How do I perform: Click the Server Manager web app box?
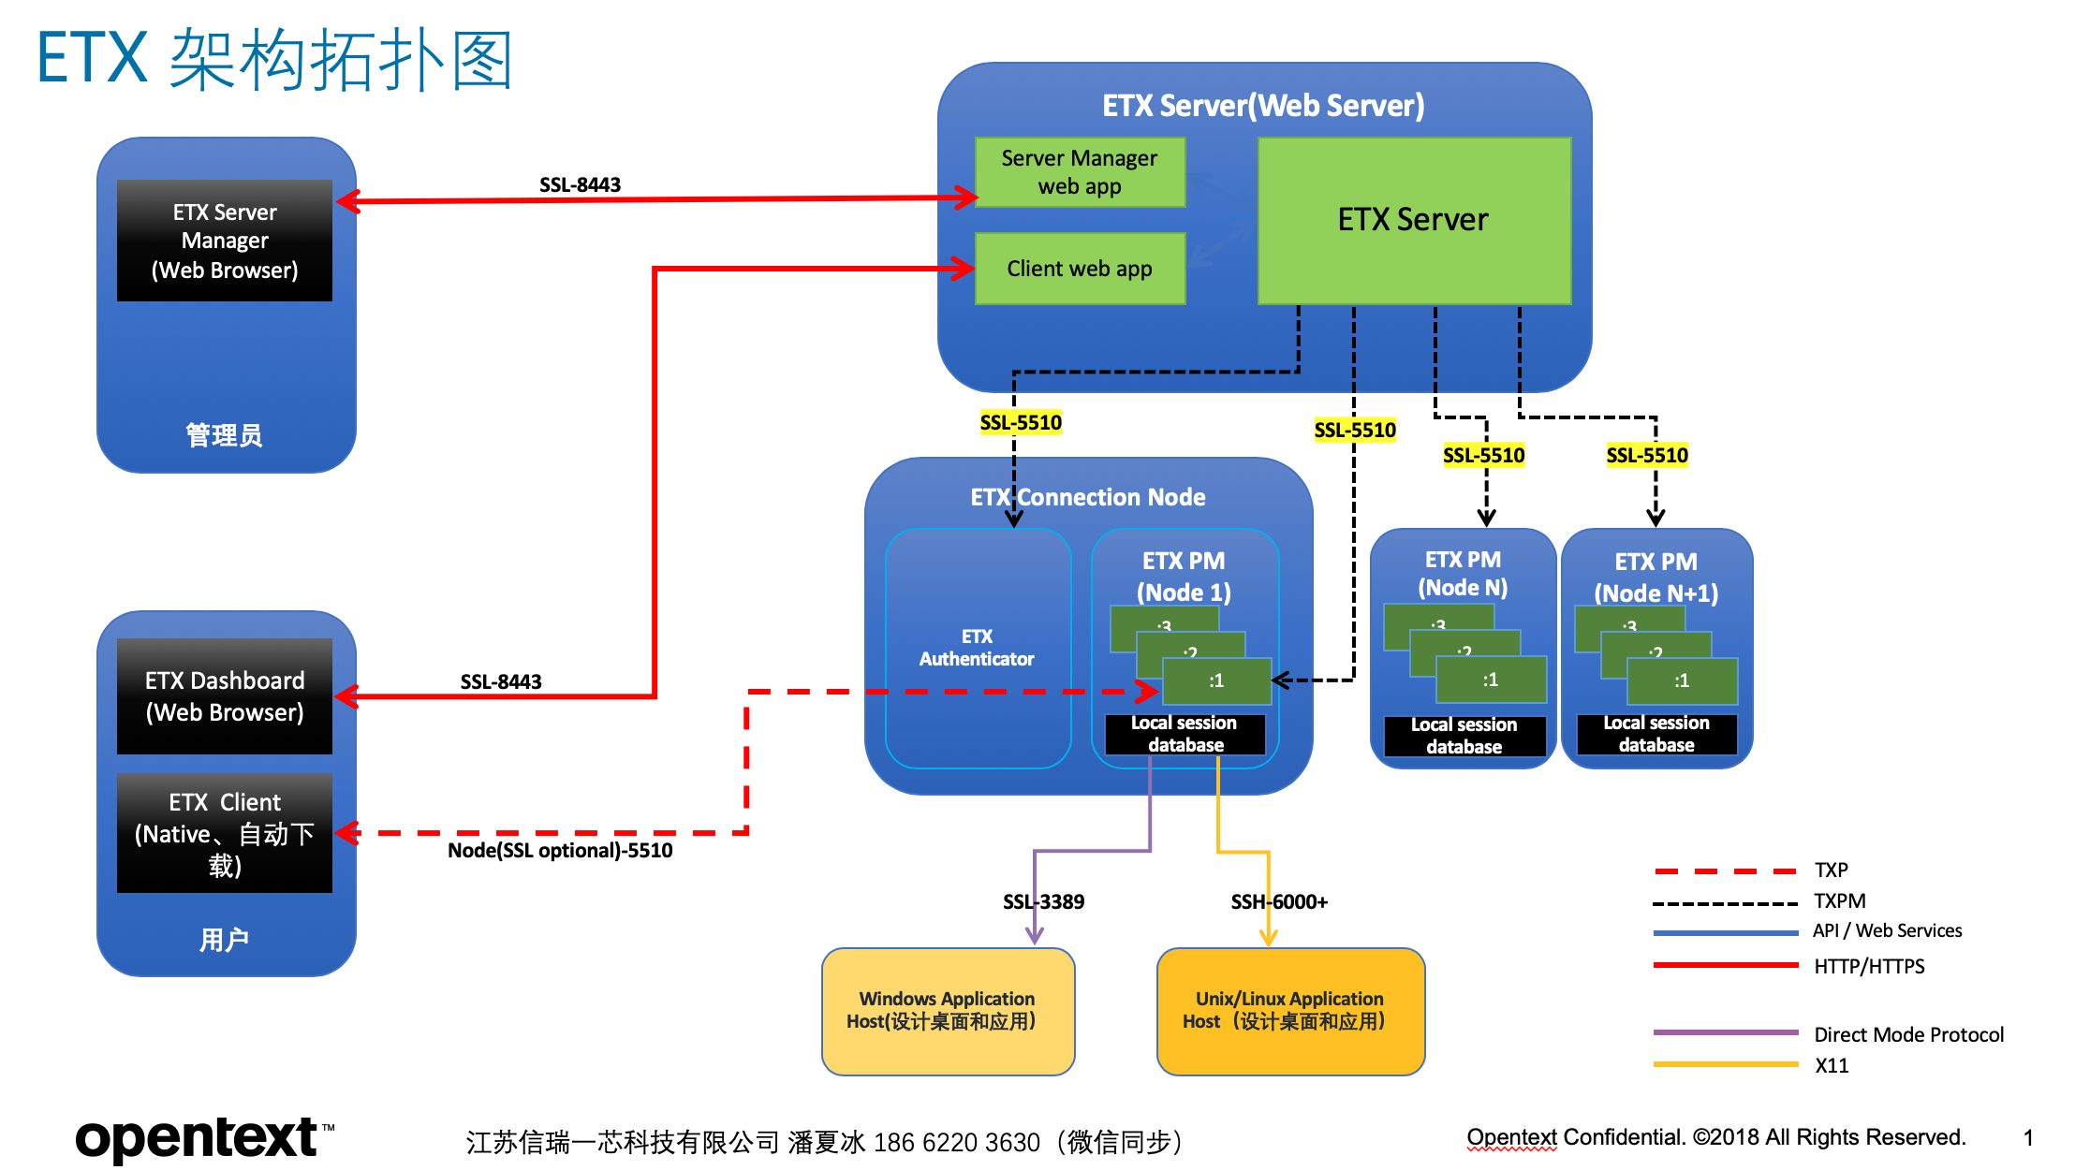tap(1080, 172)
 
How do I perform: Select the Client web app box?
tap(1080, 269)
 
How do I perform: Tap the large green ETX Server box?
tap(1413, 220)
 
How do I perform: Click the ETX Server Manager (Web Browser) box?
tap(225, 241)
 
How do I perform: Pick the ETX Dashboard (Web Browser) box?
tap(225, 696)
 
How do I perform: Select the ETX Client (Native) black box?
tap(225, 833)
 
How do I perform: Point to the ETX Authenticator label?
tap(977, 648)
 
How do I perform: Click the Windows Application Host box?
tap(948, 1011)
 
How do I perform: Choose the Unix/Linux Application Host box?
tap(1289, 1011)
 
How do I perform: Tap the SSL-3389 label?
tap(1043, 902)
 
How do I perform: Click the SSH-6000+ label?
tap(1279, 902)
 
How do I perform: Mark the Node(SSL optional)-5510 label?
tap(560, 851)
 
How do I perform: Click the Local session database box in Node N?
tap(1464, 736)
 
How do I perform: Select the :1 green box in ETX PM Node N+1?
tap(1682, 680)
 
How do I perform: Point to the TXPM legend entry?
tap(1839, 901)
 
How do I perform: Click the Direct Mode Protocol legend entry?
tap(1908, 1034)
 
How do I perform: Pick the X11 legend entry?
tap(1832, 1066)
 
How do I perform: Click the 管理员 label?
tap(224, 435)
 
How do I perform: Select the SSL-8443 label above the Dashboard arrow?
tap(501, 681)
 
